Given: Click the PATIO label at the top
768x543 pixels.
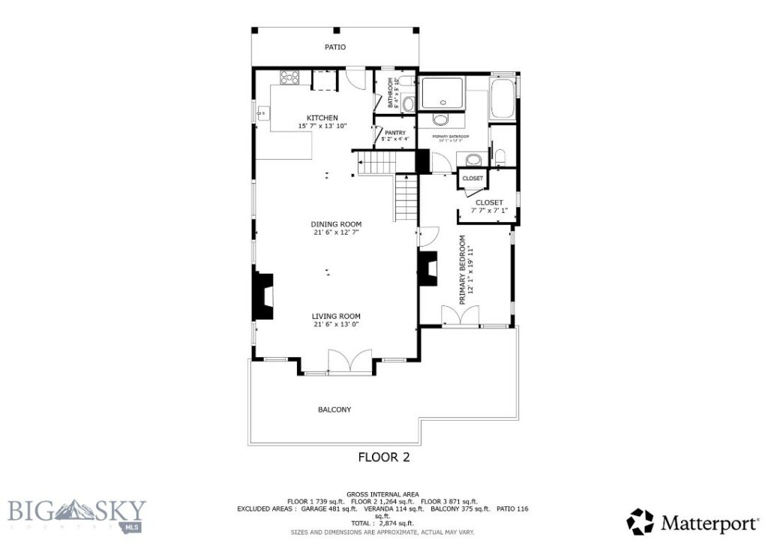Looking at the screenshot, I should pos(334,47).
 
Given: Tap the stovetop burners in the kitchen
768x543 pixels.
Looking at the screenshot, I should pos(289,77).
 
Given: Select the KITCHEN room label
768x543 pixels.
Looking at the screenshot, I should pos(322,118).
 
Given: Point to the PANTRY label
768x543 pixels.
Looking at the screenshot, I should pos(395,133).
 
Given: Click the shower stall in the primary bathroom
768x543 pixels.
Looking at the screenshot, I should pos(441,93).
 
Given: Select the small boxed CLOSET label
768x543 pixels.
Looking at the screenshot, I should pos(472,178).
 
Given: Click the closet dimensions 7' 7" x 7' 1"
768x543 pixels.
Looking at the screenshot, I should pos(489,211).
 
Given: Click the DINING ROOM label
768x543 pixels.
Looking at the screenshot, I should pos(337,224).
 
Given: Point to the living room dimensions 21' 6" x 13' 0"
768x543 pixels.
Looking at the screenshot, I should pos(337,325).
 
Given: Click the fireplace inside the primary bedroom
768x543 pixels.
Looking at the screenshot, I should pos(427,268).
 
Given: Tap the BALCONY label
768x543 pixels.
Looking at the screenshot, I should pos(334,409).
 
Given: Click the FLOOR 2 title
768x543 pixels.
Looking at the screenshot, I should pos(384,456).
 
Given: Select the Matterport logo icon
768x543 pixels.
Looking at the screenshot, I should pos(640,522).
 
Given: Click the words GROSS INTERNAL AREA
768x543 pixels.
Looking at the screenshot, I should pos(383,493).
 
